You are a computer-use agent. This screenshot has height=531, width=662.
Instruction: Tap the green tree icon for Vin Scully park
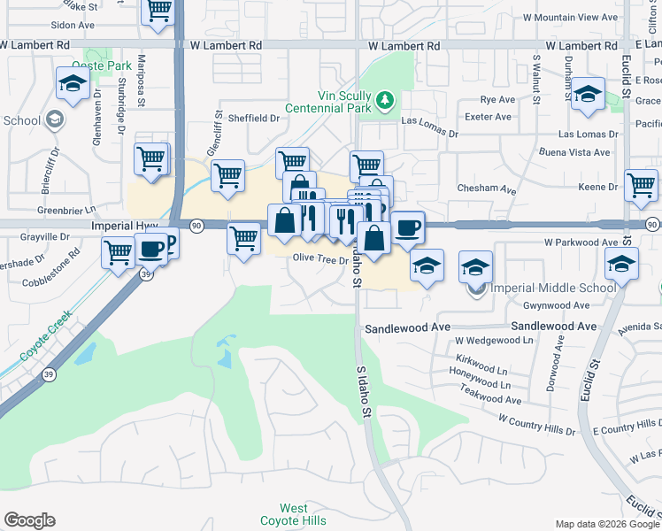pyautogui.click(x=383, y=98)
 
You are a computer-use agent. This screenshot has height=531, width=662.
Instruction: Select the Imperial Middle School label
pyautogui.click(x=554, y=288)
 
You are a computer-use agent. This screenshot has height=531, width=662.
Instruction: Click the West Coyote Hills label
pyautogui.click(x=294, y=514)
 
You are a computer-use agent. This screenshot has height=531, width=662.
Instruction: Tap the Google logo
pyautogui.click(x=29, y=520)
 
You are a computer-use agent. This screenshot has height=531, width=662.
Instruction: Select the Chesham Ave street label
pyautogui.click(x=486, y=189)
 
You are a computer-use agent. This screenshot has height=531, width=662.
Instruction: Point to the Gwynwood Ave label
pyautogui.click(x=556, y=305)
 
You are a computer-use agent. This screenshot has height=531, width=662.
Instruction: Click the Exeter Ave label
pyautogui.click(x=487, y=117)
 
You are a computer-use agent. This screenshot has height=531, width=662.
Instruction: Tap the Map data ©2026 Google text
pyautogui.click(x=606, y=524)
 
